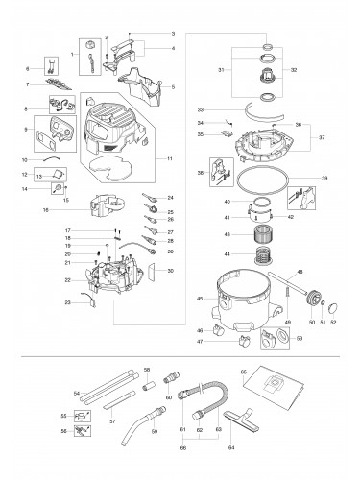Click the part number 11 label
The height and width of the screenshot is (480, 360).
[170, 157]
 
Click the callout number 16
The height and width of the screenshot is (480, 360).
[45, 208]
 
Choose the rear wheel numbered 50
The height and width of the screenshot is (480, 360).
[310, 312]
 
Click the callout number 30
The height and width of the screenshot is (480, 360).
[171, 272]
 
